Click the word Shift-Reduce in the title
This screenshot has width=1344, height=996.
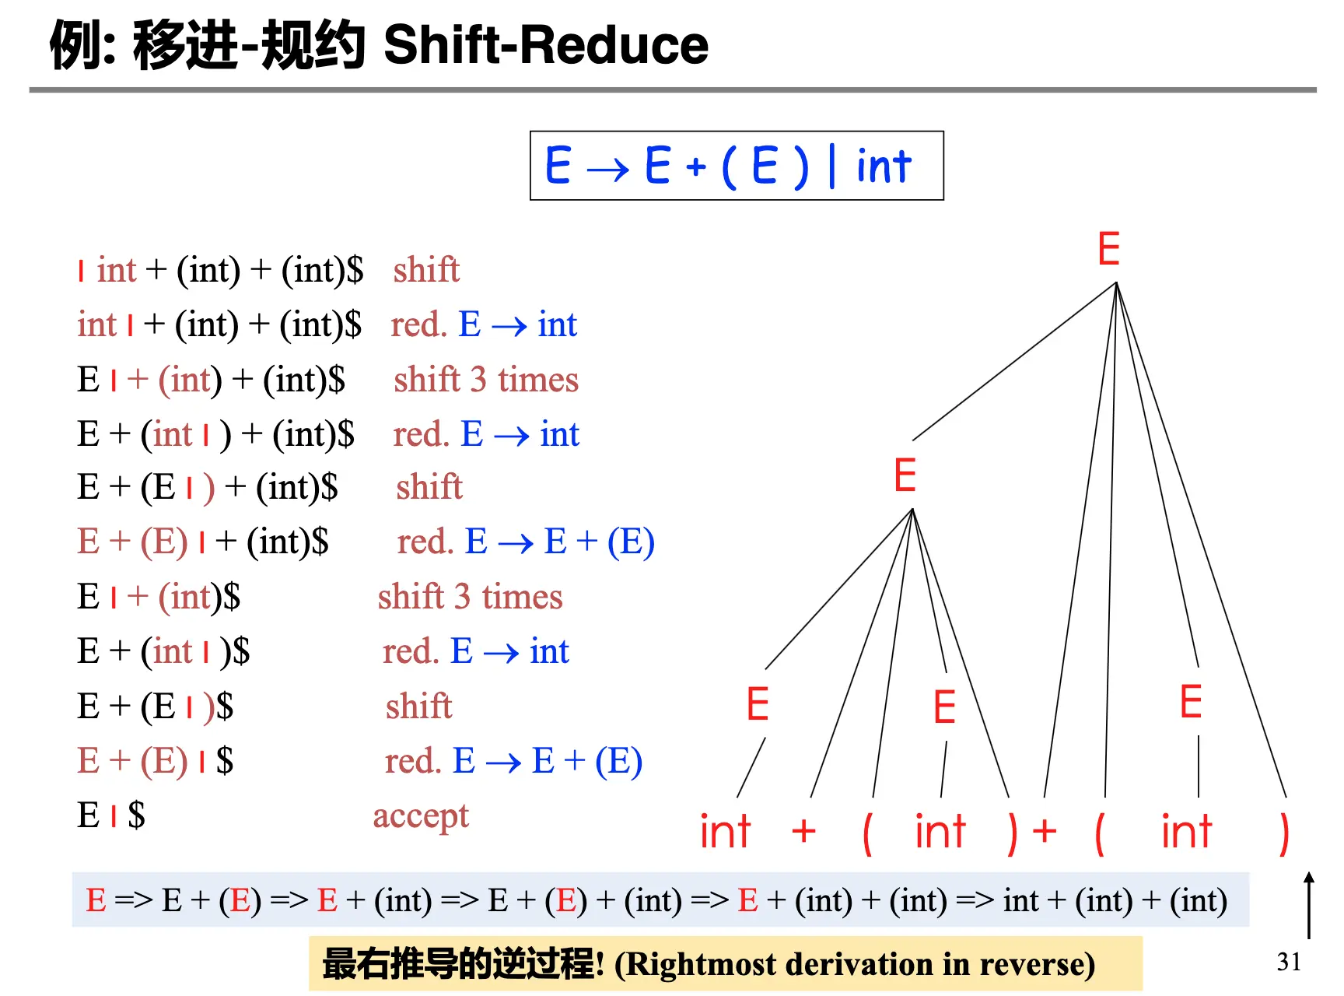546,44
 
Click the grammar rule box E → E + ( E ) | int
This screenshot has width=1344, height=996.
737,166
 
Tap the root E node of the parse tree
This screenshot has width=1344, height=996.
1108,249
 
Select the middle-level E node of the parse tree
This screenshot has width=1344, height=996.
905,475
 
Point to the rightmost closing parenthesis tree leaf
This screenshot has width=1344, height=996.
1284,833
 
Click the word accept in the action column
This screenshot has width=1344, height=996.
421,816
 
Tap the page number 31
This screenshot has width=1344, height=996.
1289,962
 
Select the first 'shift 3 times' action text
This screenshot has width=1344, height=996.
486,380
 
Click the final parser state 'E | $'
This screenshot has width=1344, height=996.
110,815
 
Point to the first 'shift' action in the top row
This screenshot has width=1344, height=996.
426,269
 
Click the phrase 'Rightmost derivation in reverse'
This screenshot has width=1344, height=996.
854,964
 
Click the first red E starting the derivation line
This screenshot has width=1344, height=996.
96,900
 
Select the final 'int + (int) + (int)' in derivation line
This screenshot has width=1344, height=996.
1115,901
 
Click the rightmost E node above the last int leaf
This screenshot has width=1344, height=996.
1191,702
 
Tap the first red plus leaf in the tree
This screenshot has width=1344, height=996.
803,831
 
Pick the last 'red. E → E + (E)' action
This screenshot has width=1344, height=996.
513,761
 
